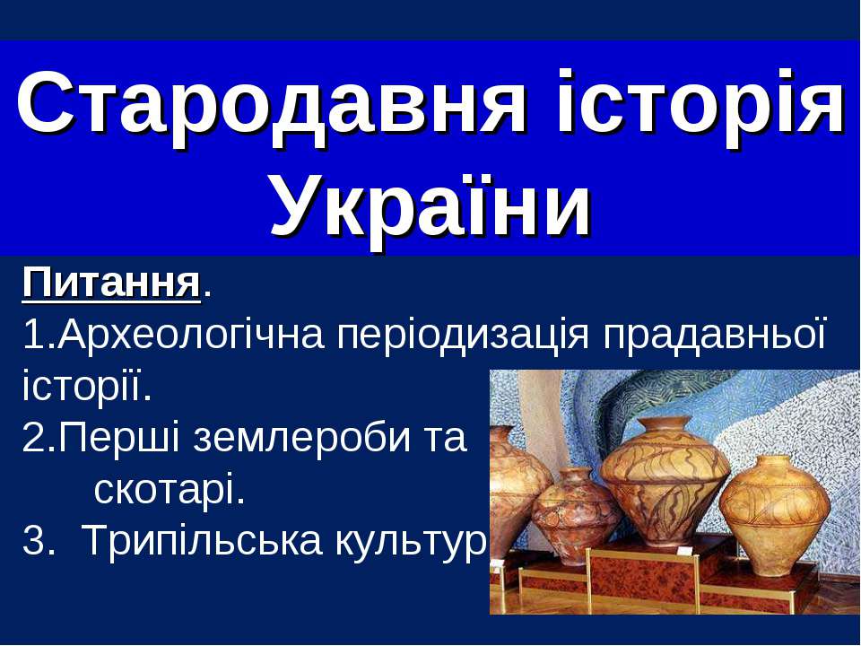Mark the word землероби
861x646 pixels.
click(301, 439)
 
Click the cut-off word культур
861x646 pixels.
click(410, 542)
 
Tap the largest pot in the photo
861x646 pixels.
click(665, 481)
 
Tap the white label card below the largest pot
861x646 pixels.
click(683, 551)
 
